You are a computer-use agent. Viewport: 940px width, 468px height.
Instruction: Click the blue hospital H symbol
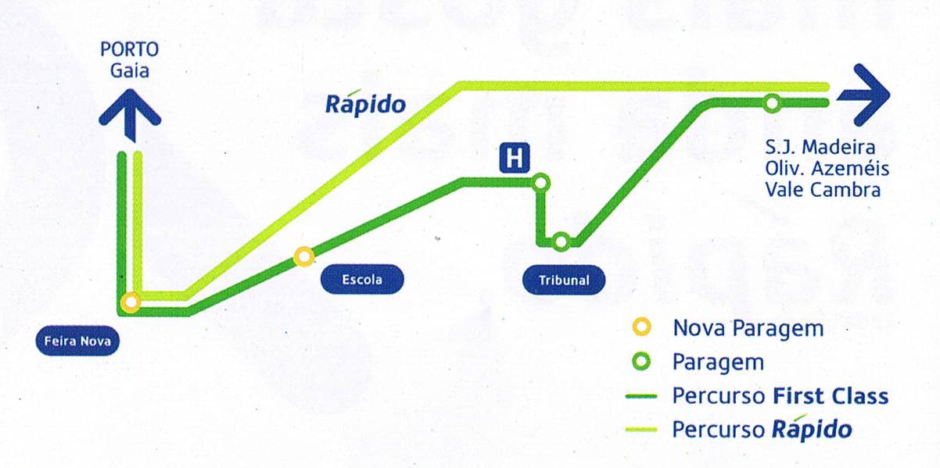pos(515,158)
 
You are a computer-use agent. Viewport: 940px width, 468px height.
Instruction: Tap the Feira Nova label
pos(77,341)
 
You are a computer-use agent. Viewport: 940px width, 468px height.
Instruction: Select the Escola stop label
pos(362,279)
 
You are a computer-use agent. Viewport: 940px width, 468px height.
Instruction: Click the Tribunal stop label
pos(564,280)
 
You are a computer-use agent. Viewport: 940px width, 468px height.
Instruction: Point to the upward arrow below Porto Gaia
pos(130,115)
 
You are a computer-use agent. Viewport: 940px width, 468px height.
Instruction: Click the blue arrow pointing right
pos(863,95)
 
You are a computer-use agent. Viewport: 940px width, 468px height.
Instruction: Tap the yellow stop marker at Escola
pos(304,256)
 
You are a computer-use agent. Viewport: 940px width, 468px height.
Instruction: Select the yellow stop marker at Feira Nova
pos(131,302)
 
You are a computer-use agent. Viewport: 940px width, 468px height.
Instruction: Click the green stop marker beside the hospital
pos(541,183)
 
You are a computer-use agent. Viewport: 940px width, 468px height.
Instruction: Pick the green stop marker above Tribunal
pos(561,241)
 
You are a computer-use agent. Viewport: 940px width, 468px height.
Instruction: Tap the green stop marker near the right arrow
pos(772,103)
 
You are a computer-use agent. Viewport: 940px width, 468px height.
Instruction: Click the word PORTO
pos(129,49)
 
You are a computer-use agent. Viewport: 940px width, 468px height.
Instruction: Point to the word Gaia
pos(130,70)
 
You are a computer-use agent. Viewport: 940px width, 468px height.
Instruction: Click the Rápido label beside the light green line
pos(365,103)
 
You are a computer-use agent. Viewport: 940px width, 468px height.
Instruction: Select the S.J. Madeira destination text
pos(820,147)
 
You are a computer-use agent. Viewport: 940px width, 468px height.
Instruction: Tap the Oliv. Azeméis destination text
pos(827,169)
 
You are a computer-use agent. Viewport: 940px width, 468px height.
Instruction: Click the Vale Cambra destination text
pos(823,190)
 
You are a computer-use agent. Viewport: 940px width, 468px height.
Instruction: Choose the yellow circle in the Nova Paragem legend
pos(641,327)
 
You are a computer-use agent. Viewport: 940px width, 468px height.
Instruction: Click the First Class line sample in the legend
pos(641,396)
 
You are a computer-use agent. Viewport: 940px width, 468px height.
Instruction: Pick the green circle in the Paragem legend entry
pos(641,362)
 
